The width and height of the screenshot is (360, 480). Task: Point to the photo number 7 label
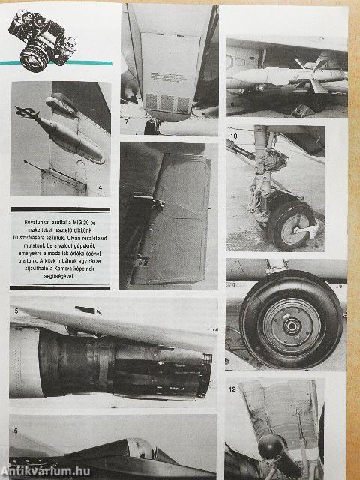point(127,120)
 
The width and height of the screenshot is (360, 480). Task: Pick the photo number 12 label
point(232,389)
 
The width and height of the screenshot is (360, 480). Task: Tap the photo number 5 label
point(16,309)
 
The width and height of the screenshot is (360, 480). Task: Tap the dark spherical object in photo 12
point(271,448)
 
